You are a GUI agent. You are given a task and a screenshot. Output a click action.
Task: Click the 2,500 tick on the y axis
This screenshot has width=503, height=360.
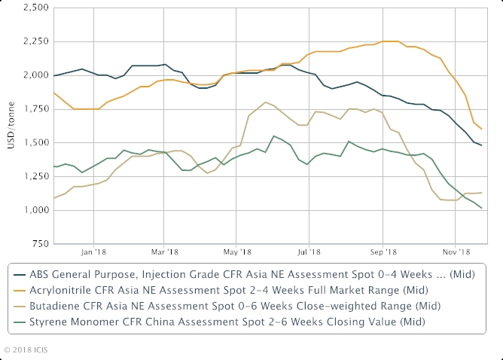(33, 8)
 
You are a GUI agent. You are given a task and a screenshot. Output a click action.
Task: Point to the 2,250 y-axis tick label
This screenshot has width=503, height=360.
(33, 41)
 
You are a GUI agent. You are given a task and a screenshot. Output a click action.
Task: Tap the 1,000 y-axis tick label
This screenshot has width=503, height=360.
(33, 210)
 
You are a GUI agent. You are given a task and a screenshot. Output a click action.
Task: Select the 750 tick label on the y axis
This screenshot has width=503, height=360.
(38, 244)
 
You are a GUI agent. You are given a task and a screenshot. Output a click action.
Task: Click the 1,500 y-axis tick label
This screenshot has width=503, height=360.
(33, 142)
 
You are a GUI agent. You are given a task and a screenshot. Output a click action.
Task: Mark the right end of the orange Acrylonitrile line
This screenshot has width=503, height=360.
(482, 129)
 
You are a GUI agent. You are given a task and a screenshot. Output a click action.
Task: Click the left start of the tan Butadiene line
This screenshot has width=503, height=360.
(54, 198)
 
